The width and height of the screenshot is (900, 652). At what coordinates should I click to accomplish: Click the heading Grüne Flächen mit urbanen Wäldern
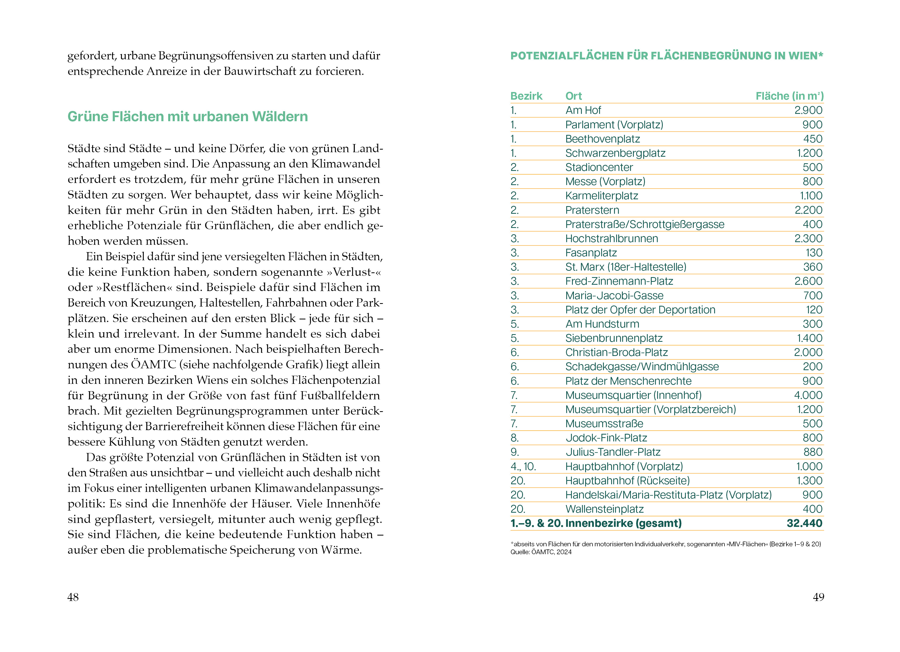(x=187, y=117)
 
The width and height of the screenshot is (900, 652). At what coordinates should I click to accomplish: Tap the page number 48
(x=73, y=597)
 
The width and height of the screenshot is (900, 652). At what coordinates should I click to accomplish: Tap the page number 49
(x=818, y=597)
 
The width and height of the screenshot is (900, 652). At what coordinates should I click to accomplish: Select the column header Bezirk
(x=526, y=96)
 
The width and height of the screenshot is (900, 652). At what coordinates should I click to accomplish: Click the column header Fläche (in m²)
(x=789, y=96)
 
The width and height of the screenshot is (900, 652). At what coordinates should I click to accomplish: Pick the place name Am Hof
(x=583, y=110)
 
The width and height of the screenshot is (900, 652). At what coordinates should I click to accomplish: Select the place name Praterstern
(x=592, y=210)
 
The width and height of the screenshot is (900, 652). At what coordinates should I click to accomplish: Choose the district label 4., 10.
(x=523, y=467)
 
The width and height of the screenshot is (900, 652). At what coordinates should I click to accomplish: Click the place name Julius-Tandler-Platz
(x=613, y=452)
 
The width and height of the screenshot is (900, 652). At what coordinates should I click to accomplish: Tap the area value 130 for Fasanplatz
(x=814, y=253)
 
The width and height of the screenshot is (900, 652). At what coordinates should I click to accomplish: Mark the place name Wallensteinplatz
(x=604, y=509)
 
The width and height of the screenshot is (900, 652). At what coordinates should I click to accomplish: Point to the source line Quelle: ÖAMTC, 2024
(x=541, y=552)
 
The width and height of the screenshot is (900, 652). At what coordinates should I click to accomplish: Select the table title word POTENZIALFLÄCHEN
(x=567, y=56)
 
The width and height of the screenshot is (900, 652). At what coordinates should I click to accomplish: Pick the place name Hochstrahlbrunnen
(x=611, y=239)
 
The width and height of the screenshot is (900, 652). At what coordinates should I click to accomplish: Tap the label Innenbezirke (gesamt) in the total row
(x=623, y=523)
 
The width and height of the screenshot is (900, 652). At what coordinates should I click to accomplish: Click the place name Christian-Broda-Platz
(x=616, y=353)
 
